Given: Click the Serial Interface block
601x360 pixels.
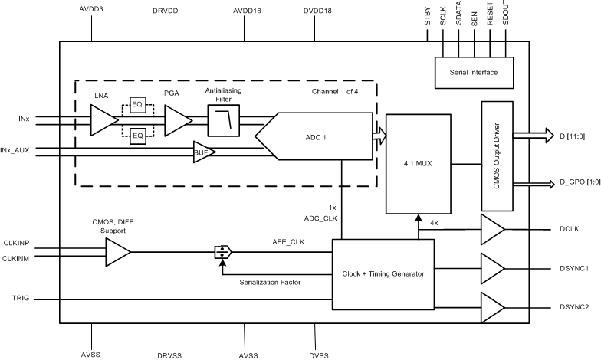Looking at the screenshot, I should click(473, 72).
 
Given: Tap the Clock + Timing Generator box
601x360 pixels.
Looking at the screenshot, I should click(383, 274).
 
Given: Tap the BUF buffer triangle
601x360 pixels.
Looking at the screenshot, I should click(203, 152).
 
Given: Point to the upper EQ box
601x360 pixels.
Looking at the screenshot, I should click(138, 104).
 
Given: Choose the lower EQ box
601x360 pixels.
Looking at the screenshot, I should click(138, 136).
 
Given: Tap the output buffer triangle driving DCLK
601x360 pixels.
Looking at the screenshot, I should click(492, 229).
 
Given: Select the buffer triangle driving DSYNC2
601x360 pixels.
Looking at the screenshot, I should click(492, 306).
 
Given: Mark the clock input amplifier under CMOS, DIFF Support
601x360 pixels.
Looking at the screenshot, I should click(117, 251).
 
